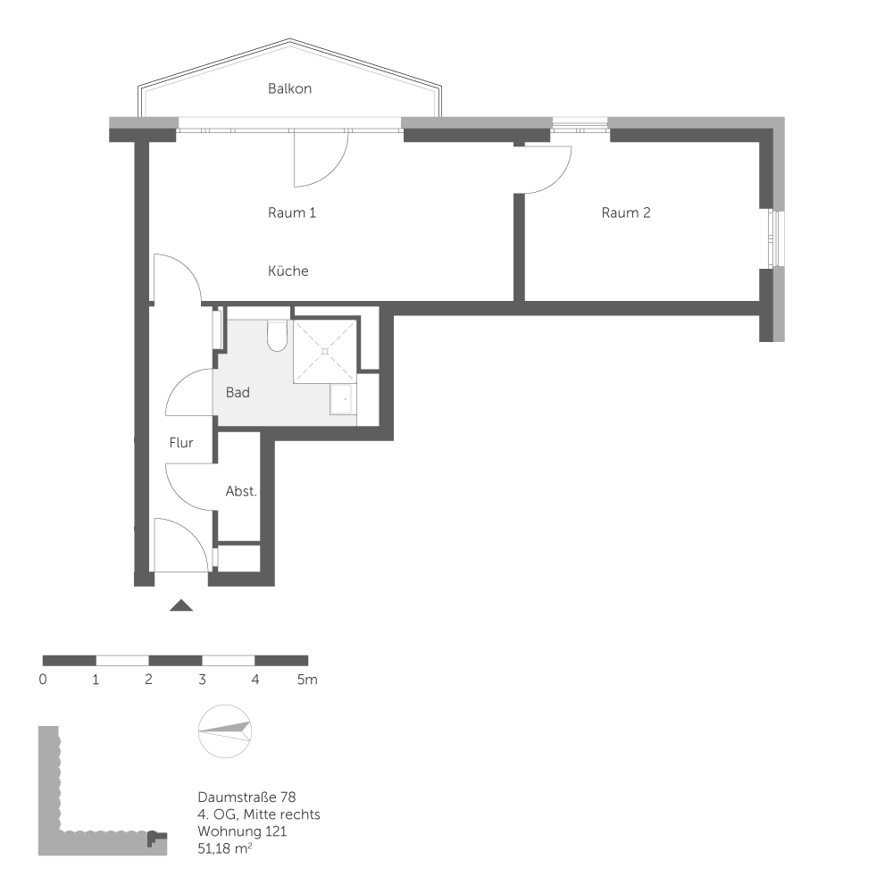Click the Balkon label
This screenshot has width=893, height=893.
[289, 89]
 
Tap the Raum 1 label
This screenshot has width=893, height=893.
[292, 213]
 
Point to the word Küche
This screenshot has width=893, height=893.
[288, 271]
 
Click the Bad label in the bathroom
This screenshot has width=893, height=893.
[238, 392]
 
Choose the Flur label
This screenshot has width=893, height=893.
[181, 442]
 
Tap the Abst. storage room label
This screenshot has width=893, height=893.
[241, 491]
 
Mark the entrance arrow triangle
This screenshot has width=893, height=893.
[181, 606]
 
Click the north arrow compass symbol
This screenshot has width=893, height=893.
[226, 730]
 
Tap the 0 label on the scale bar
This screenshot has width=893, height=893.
[43, 680]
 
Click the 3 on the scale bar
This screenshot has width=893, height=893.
[202, 680]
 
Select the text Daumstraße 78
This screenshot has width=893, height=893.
[246, 796]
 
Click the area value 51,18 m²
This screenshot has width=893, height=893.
[224, 849]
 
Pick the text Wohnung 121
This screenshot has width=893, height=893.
[243, 831]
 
